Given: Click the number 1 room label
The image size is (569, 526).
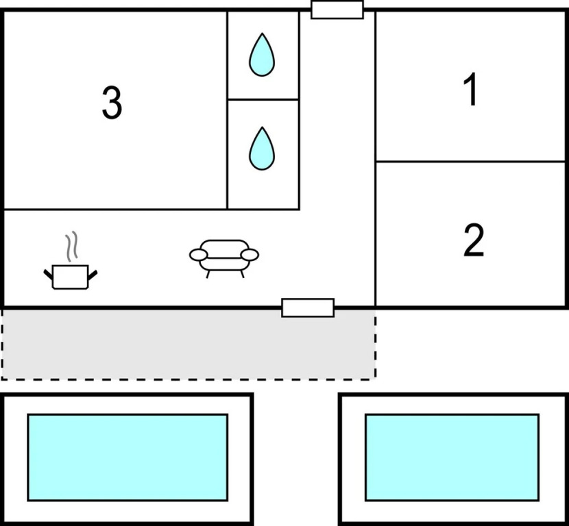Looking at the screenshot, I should tap(470, 90).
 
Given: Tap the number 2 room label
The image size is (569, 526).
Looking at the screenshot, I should tap(473, 240).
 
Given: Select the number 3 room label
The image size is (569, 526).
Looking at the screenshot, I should tap(112, 103).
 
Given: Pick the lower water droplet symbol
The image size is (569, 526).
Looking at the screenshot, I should tap(261, 149).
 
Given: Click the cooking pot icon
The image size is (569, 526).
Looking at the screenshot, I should tap(71, 276).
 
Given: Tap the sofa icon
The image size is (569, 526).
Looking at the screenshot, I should tap(224, 258).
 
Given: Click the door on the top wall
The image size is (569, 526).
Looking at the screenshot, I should tap(337, 10).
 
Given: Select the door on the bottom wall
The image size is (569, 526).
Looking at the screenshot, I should tap(308, 308).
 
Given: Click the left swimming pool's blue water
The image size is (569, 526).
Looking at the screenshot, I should tap(128, 457).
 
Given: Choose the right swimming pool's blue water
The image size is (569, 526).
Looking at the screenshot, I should tap(452, 457).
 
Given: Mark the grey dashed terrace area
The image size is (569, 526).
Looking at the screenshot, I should tap(188, 344).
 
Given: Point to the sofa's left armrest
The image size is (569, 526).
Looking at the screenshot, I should tap(198, 255).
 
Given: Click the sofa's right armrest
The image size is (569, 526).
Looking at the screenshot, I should tap(250, 255).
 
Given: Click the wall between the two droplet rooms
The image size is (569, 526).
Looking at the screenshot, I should tap(263, 99).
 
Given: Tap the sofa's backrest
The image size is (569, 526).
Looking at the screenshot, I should tap(224, 246).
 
